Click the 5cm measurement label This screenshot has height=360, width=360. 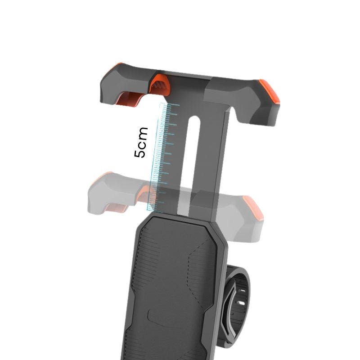141,142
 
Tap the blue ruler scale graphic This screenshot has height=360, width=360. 162,157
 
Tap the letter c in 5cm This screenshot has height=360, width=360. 141,144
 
